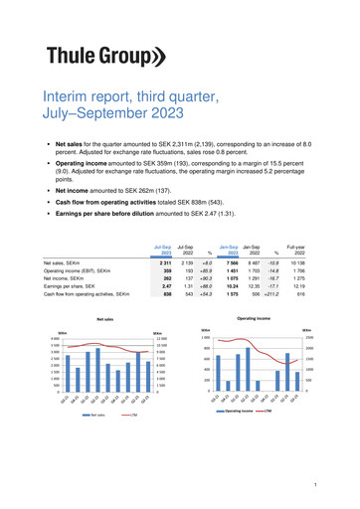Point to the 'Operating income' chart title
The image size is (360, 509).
pos(254,320)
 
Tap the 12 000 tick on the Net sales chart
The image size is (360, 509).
pos(159,340)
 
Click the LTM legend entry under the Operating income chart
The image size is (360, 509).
pos(269,410)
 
